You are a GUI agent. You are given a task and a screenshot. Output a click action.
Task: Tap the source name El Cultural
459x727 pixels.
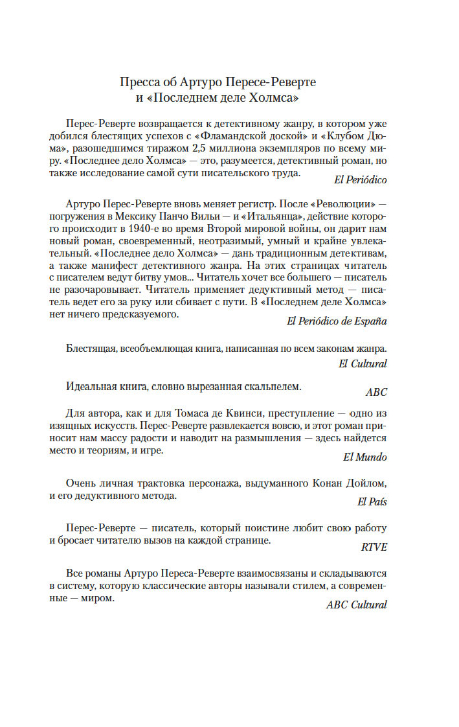coord(363,363)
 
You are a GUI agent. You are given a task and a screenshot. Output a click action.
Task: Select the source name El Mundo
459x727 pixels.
coord(364,457)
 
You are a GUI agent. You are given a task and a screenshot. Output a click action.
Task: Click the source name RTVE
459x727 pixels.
coord(374,546)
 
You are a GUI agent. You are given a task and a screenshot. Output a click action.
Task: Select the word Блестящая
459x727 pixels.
coord(90,348)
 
